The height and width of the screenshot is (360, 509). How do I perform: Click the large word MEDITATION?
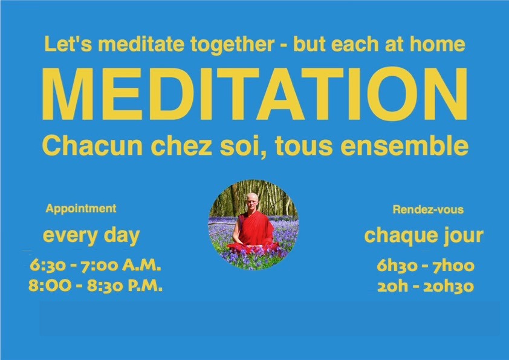point(255,94)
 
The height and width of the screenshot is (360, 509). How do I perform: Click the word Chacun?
point(92,146)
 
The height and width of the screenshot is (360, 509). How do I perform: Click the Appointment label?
point(81,208)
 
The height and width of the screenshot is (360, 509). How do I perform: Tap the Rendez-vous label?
point(428,209)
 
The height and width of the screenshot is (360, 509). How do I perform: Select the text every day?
point(91,235)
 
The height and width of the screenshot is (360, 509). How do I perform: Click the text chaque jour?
point(424,235)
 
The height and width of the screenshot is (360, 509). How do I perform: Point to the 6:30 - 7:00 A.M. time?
point(96,266)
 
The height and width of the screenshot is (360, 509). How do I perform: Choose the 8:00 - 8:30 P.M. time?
point(96,286)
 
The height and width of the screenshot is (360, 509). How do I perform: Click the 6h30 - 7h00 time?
point(425,266)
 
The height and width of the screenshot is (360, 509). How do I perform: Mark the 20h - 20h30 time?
point(425,286)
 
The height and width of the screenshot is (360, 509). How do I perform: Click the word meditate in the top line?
point(141,44)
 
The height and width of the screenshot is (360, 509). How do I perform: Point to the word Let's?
point(68,44)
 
